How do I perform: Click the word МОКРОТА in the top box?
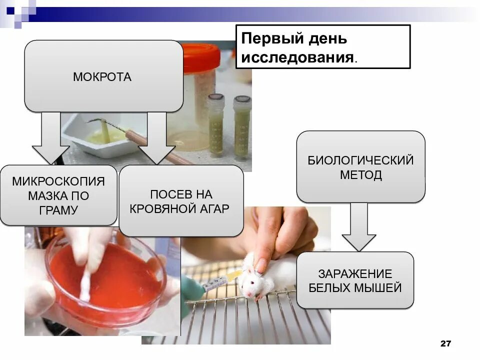[x=102, y=77]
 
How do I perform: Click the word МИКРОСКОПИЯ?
[x=58, y=180]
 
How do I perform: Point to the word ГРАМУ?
[x=58, y=210]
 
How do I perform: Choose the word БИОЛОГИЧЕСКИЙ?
[x=360, y=160]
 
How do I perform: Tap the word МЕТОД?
[x=360, y=175]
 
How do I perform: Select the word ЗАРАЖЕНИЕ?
[x=355, y=273]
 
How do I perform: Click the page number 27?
[x=445, y=343]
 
